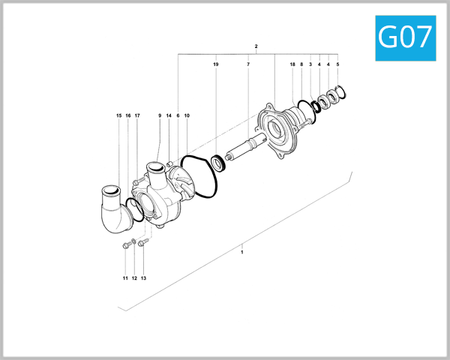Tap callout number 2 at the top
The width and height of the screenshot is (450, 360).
click(256, 46)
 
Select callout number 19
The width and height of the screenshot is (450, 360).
click(216, 65)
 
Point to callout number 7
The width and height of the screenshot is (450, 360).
click(247, 65)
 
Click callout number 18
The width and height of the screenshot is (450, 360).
click(292, 65)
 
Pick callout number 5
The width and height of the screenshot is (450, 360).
click(337, 65)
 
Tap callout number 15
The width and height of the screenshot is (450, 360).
click(118, 115)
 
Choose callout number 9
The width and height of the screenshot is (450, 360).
click(160, 115)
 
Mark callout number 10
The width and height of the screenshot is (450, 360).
click(187, 115)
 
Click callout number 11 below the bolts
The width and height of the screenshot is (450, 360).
click(125, 278)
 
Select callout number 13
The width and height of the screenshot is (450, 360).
click(143, 278)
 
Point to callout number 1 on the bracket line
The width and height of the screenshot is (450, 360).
click(241, 253)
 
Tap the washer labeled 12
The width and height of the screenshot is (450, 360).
click(133, 241)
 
